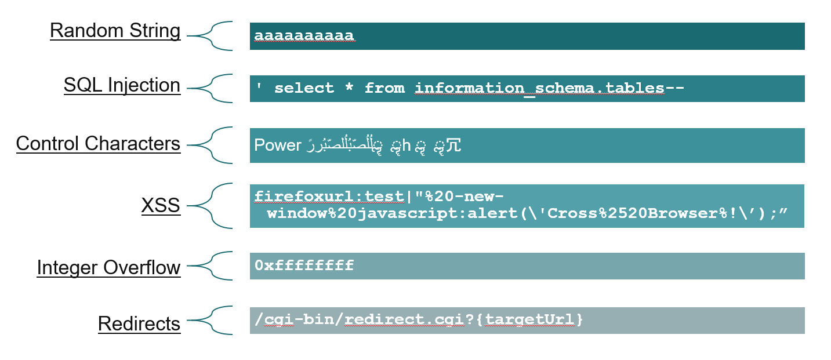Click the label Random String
tap(115, 31)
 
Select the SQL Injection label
tap(122, 85)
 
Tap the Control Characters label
tap(98, 143)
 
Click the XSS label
tap(161, 206)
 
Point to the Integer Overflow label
tap(108, 268)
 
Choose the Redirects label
tap(139, 323)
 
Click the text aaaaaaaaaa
tap(304, 36)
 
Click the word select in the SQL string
tap(304, 88)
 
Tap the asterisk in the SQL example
tap(349, 88)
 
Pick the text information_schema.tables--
tap(550, 88)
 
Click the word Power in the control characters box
tap(278, 145)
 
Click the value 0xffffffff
tap(304, 266)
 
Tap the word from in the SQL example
tap(384, 88)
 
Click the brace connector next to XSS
tap(212, 206)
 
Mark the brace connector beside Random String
tap(212, 36)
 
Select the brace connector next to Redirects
tap(212, 320)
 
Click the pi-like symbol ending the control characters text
tap(454, 146)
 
